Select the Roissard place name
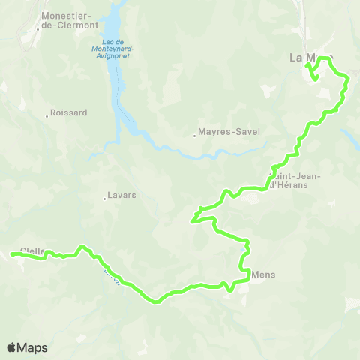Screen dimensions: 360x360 tap(69, 113)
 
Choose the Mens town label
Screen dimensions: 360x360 tap(265, 274)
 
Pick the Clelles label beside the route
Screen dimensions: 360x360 tap(33, 250)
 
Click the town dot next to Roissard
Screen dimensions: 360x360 tap(46, 115)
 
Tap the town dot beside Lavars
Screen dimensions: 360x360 tap(104, 199)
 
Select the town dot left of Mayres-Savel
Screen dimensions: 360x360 tap(194, 136)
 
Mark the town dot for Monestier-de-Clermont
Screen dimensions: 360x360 tap(37, 29)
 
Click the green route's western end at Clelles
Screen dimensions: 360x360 tap(13, 255)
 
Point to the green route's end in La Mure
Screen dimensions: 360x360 tap(307, 67)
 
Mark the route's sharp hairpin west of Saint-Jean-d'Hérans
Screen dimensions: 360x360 tap(193, 220)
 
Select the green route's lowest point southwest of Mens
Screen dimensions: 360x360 tap(157, 302)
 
